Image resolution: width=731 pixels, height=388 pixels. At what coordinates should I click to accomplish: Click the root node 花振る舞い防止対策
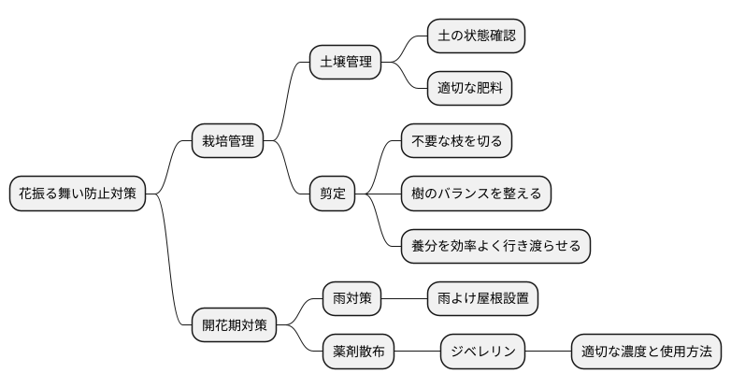78,194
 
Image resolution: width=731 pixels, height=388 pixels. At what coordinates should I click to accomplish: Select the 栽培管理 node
227,142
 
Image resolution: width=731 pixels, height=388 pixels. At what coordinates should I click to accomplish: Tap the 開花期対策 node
235,325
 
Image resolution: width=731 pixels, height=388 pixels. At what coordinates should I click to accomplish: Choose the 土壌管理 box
346,63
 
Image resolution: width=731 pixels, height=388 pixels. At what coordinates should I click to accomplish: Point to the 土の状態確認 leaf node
476,36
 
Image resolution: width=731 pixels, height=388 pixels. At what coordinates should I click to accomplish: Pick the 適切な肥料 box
469,89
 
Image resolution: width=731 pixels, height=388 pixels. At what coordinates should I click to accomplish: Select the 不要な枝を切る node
456,141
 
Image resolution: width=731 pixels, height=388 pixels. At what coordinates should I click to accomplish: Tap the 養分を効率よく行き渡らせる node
495,246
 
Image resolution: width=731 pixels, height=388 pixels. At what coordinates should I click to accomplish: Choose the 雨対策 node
352,299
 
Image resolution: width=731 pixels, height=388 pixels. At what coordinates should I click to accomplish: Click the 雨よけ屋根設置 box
482,299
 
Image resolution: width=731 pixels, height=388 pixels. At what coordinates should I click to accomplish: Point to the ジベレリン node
482,352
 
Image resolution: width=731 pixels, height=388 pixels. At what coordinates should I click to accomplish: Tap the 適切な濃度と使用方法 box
646,352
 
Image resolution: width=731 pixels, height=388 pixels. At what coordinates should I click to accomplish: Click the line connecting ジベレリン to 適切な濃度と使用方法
548,352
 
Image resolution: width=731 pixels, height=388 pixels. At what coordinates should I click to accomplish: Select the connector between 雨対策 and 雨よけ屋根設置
405,299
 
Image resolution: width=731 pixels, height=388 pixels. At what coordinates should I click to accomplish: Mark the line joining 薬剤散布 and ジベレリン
418,352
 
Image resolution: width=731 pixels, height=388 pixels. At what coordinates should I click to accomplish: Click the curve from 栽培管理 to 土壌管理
288,98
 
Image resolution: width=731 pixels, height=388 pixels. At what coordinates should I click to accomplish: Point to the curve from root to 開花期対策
168,271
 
